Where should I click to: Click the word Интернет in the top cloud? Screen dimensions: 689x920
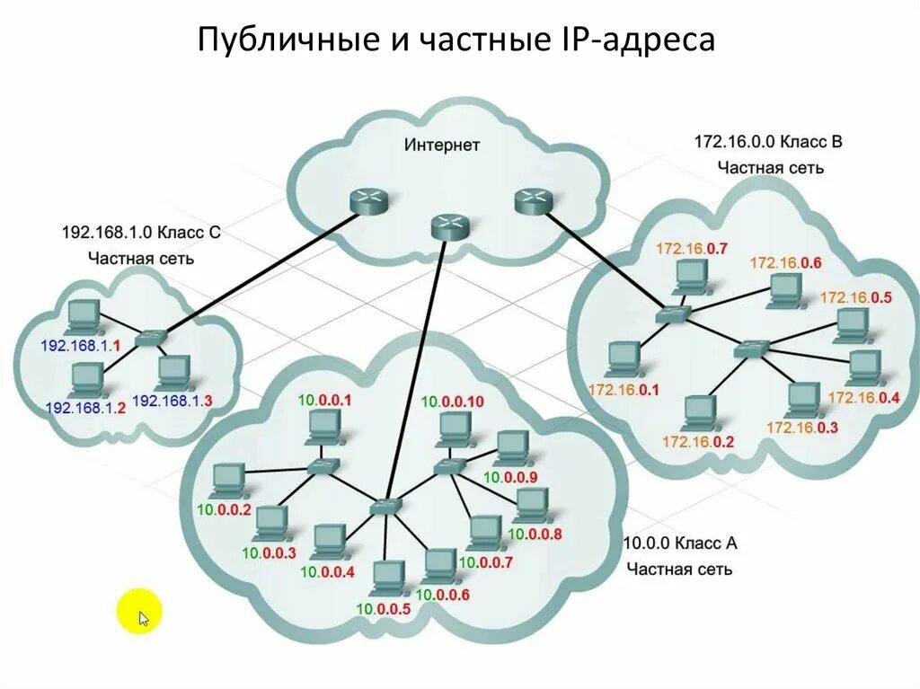point(441,145)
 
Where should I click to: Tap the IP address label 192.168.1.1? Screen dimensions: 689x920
point(81,345)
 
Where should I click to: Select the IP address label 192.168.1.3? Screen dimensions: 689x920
point(172,402)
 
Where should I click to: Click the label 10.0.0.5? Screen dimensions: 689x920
point(383,610)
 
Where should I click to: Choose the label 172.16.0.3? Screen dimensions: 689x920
point(801,428)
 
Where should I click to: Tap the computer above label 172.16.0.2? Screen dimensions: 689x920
point(697,412)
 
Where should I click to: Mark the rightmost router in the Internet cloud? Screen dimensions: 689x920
point(532,202)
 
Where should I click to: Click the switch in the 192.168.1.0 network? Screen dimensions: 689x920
point(152,337)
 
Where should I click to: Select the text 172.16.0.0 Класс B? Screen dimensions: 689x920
point(768,142)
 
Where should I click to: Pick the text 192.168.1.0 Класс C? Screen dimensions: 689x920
point(140,233)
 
